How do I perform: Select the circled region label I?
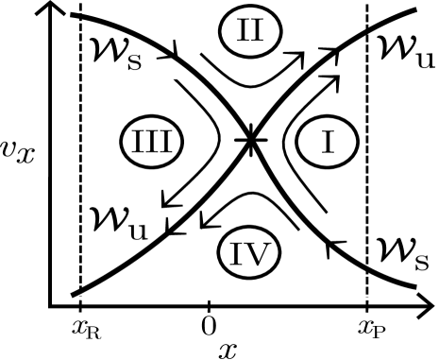coord(327,142)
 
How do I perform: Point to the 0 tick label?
coord(209,328)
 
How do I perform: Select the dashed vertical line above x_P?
coord(366,170)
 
